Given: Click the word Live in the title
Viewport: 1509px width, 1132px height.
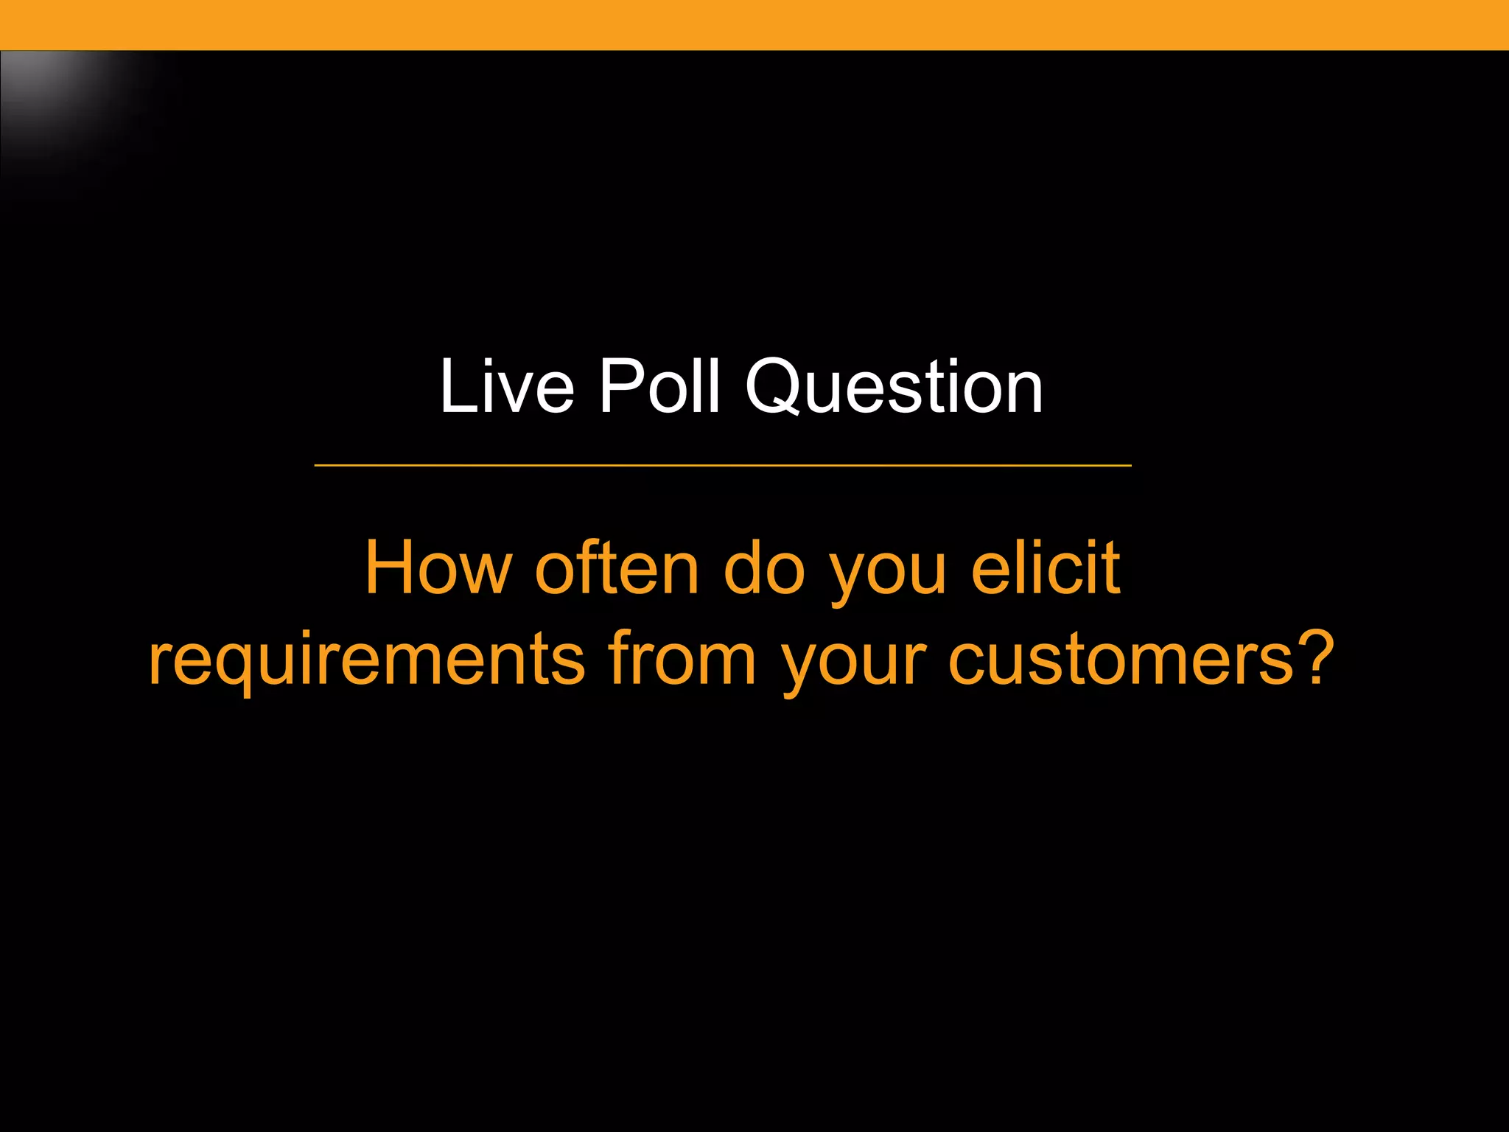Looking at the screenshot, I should pyautogui.click(x=506, y=387).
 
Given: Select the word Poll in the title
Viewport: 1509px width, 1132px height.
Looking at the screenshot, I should pyautogui.click(x=658, y=387).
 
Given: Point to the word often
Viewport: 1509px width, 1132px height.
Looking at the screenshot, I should pyautogui.click(x=617, y=568).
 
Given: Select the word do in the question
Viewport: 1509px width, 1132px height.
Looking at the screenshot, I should pyautogui.click(x=764, y=568).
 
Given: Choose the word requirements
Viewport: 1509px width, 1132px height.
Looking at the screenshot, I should pyautogui.click(x=366, y=660).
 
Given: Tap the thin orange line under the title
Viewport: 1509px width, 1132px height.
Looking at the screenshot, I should pyautogui.click(x=722, y=466).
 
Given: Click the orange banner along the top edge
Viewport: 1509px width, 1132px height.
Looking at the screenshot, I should pyautogui.click(x=754, y=24).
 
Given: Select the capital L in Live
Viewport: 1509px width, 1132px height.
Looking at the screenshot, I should pyautogui.click(x=454, y=387).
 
